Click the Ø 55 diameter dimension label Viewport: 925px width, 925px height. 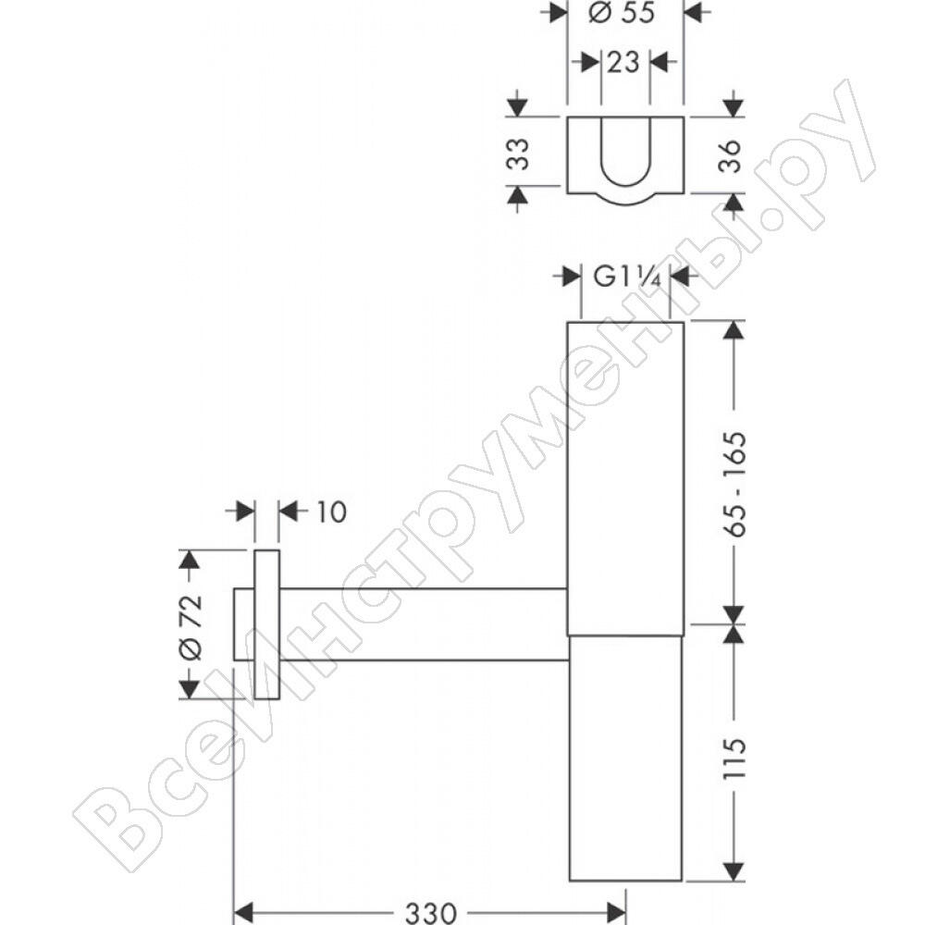pos(622,12)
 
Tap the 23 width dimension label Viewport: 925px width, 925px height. pos(623,62)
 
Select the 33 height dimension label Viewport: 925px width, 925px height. pos(519,154)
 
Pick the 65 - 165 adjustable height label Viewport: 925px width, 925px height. pos(734,484)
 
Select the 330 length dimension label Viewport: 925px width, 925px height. pos(431,913)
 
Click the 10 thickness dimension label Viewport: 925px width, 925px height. pos(331,512)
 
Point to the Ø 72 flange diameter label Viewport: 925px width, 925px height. pos(191,626)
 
